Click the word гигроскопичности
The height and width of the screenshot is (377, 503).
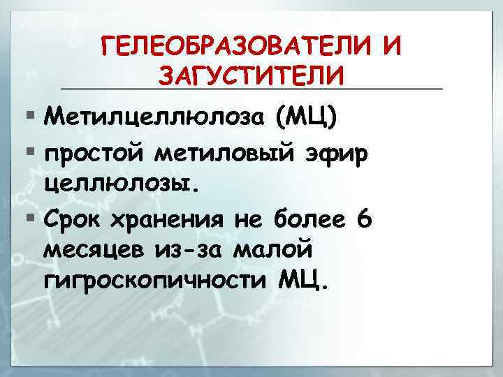[x=153, y=283]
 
